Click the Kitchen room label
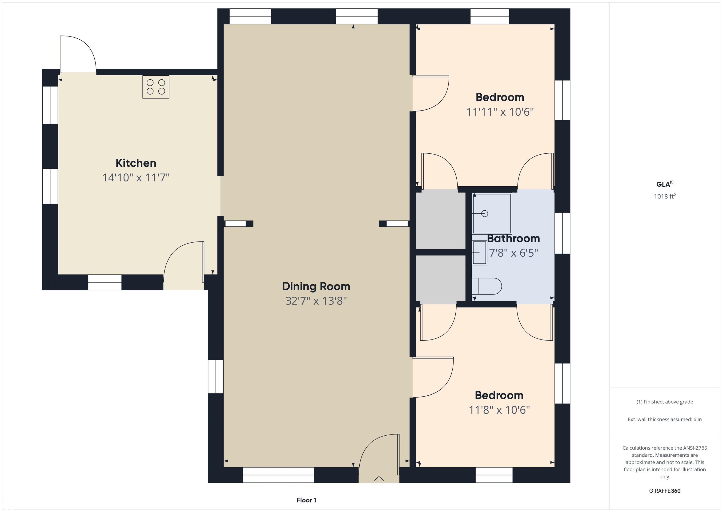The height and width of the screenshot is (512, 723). (136, 163)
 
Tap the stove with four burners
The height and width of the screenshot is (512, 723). (156, 87)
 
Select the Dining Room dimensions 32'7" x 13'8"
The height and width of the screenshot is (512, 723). (316, 301)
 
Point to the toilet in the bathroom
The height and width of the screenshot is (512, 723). (486, 286)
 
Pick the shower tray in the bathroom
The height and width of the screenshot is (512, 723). (492, 213)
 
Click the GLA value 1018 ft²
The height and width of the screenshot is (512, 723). (665, 196)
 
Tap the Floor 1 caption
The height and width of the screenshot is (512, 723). (306, 500)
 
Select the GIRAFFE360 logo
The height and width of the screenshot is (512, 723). (665, 491)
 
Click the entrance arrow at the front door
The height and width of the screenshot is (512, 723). (379, 480)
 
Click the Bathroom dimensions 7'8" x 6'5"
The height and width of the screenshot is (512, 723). (513, 253)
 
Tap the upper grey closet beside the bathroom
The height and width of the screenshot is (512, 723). (441, 221)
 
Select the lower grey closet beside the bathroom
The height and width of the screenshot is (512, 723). (441, 278)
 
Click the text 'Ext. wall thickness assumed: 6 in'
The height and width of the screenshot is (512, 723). (665, 419)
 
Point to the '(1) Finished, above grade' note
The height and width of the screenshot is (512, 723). (665, 402)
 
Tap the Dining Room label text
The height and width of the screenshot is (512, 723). (316, 286)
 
